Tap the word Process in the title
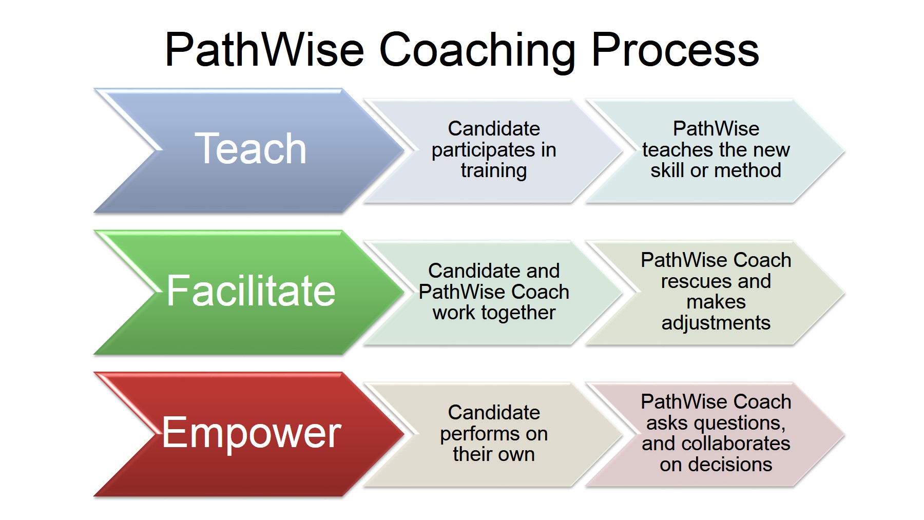click(x=675, y=50)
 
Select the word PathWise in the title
click(x=264, y=50)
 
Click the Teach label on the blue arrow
click(x=251, y=149)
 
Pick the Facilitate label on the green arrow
click(x=251, y=291)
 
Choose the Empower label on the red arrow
click(x=251, y=433)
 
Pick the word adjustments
click(x=716, y=323)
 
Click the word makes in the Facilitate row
click(x=716, y=302)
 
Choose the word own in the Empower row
click(x=518, y=454)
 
